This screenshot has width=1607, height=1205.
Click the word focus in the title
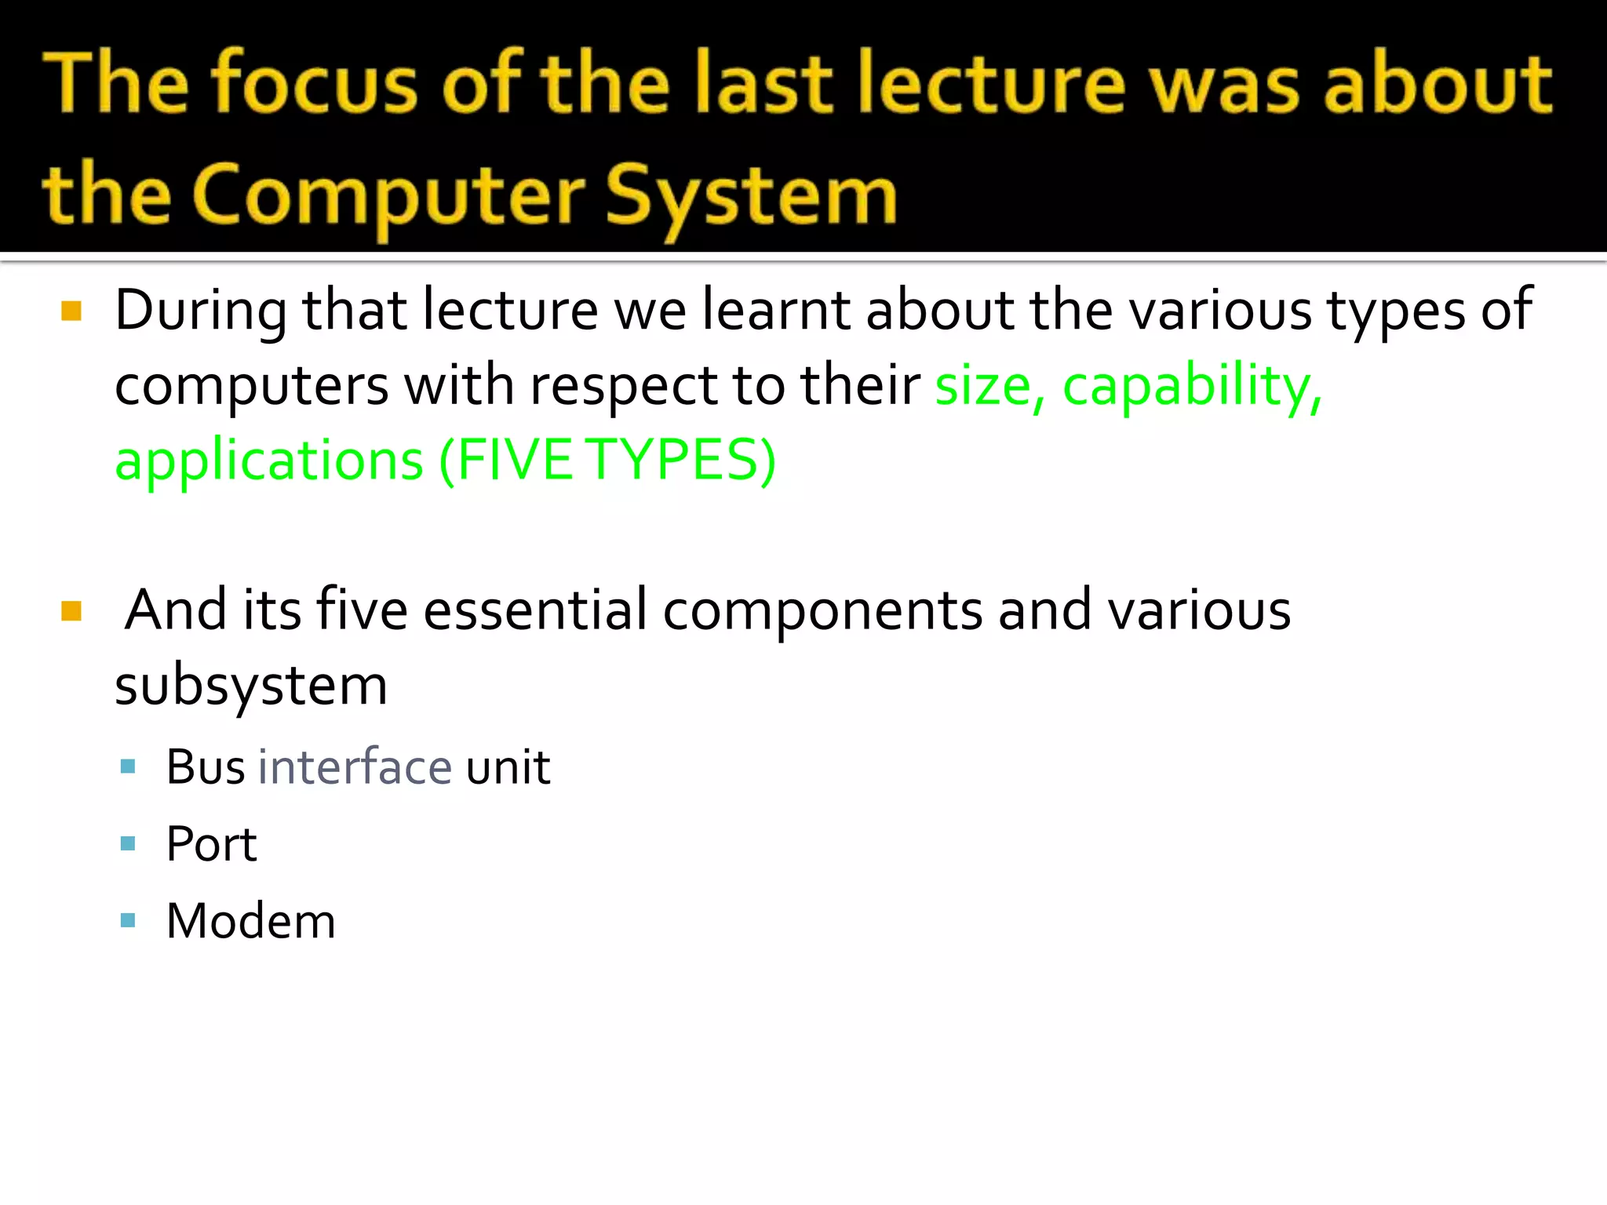coord(315,83)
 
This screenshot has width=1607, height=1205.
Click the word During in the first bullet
coord(201,310)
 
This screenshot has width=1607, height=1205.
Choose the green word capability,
coord(1192,385)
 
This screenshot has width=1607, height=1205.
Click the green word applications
coord(269,461)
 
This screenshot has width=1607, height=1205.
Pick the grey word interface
coord(355,767)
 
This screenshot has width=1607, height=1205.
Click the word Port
coord(211,844)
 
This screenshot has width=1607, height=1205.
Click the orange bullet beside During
coord(71,311)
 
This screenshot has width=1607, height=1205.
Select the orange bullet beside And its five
coord(71,610)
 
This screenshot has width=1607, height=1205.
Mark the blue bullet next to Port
coord(129,844)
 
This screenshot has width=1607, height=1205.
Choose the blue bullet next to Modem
coord(129,919)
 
